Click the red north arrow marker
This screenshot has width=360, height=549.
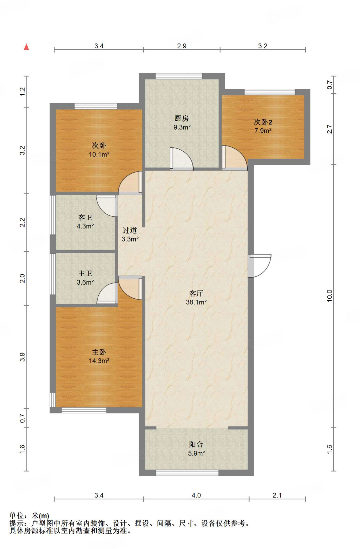coord(26,47)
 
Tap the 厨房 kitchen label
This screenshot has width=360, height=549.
coord(181,118)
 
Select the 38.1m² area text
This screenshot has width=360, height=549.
coord(196,302)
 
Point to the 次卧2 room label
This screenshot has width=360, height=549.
coord(263,122)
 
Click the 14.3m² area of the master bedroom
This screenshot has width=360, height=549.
coord(99,361)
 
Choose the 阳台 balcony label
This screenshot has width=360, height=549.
coord(196,444)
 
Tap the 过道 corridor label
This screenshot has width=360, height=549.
coord(130,230)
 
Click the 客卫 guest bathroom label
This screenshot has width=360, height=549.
coord(85,217)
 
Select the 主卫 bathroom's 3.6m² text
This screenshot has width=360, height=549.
coord(85,282)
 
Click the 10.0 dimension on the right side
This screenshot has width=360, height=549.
coord(329,296)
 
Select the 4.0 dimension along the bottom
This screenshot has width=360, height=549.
coord(196,495)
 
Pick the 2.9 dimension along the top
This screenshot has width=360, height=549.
coord(182,46)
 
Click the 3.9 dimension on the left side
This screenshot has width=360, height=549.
coord(22,357)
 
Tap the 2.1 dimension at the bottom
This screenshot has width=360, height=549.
coord(277,495)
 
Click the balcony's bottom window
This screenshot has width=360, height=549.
coord(187,473)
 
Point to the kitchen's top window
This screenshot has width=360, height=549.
coord(179,76)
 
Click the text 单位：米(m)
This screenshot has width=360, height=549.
coord(29,516)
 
